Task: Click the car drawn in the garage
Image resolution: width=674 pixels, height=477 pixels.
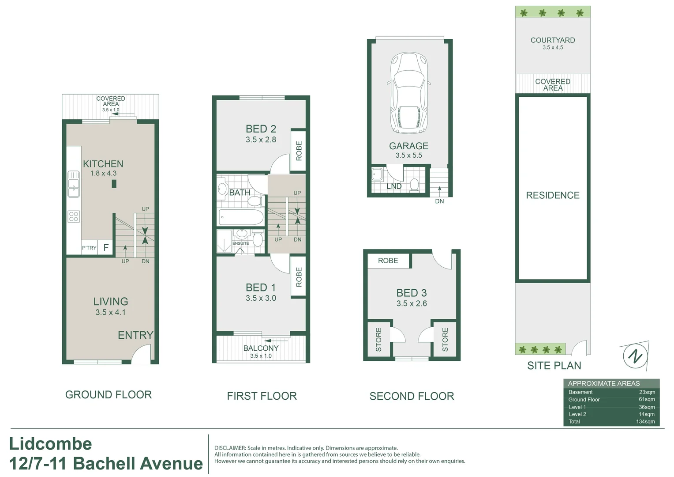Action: tap(409, 93)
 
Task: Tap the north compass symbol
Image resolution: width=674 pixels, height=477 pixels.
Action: tap(635, 356)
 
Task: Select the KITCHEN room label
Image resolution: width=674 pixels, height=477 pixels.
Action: tap(103, 164)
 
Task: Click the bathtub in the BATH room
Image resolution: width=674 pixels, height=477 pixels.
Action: tap(241, 217)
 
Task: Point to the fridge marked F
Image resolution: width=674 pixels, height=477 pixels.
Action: tap(106, 248)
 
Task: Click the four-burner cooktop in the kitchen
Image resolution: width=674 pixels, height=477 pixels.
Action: tap(74, 216)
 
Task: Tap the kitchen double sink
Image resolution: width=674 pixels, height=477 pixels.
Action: tap(74, 184)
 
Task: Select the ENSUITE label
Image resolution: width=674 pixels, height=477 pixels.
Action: tap(241, 243)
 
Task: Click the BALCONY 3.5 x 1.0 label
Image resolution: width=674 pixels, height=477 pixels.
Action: tap(261, 351)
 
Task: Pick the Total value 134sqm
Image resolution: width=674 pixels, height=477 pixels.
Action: tap(645, 422)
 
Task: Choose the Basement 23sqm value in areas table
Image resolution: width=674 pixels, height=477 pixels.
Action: tap(647, 392)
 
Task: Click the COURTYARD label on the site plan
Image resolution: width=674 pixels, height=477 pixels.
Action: tap(553, 40)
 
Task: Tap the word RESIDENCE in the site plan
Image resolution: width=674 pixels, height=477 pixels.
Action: tap(553, 195)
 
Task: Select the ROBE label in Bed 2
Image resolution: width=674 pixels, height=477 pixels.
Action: tap(299, 151)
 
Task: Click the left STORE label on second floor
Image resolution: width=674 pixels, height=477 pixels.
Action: tap(378, 339)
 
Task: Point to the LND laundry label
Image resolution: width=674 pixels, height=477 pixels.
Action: tap(394, 186)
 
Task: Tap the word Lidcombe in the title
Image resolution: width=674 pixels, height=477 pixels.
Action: tap(51, 444)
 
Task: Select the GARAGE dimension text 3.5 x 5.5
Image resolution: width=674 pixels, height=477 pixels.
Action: tap(409, 155)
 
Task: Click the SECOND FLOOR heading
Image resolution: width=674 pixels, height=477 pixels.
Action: tap(412, 396)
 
